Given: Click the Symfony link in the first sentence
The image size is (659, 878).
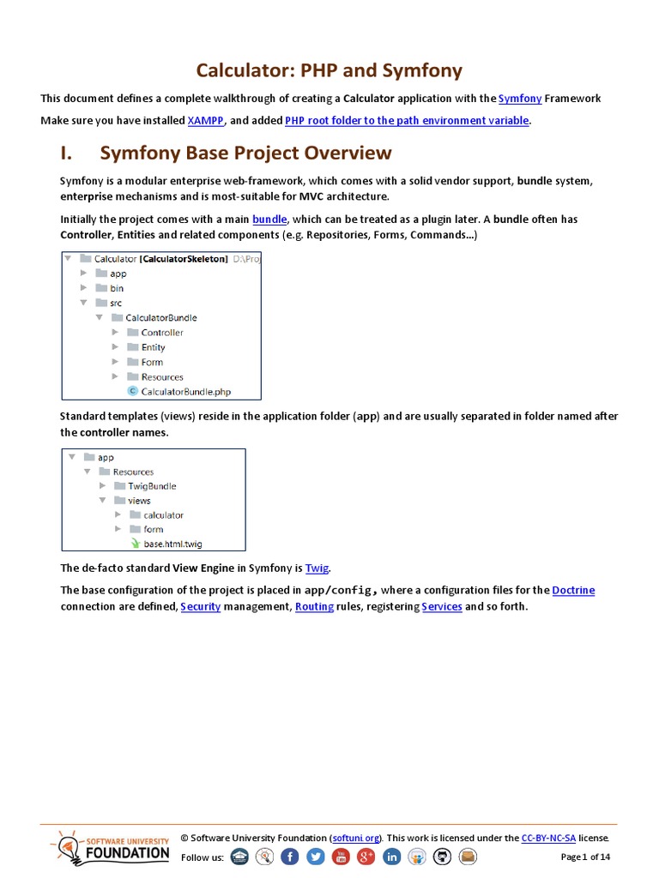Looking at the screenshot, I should (520, 99).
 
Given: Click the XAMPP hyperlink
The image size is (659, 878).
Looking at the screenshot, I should (206, 121).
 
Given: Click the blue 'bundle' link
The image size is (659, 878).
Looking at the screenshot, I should (269, 219).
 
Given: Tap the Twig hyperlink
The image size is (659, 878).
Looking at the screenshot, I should (317, 568).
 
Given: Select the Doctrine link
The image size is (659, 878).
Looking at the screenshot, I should (573, 590).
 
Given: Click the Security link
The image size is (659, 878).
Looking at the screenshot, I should (200, 606).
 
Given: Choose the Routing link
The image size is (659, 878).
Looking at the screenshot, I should (315, 606).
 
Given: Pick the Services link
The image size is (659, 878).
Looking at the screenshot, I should (442, 606).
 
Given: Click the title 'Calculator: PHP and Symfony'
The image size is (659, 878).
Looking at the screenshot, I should (329, 70).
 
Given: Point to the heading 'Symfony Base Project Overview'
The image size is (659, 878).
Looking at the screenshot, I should (245, 153).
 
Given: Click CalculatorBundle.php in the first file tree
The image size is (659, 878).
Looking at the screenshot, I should (185, 392).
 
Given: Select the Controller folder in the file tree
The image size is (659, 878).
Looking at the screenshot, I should (161, 333).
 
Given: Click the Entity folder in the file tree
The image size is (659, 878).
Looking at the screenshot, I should (153, 347).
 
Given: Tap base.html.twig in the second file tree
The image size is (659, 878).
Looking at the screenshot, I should (172, 544).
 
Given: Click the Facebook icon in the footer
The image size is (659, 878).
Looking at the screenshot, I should (290, 857).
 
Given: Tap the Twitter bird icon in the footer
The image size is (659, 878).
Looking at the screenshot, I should (315, 857).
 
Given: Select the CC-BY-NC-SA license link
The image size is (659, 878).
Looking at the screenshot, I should (548, 838).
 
